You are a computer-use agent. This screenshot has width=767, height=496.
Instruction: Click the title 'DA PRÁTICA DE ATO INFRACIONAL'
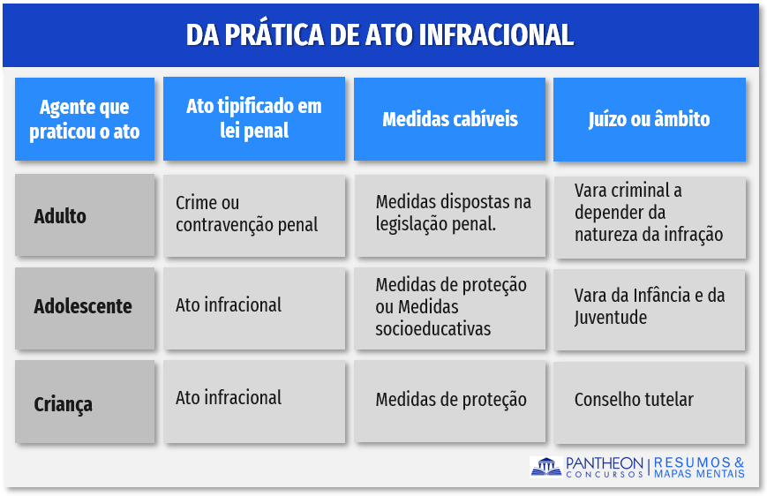(380, 34)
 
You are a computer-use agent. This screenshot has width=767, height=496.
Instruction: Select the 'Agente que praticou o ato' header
(85, 119)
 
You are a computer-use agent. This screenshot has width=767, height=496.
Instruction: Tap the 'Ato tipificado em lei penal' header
(254, 118)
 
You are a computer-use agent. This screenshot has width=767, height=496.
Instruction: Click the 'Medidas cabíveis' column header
(449, 119)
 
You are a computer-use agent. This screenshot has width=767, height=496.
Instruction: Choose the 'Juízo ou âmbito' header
(649, 119)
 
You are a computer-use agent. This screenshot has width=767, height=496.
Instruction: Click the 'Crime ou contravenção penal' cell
(254, 215)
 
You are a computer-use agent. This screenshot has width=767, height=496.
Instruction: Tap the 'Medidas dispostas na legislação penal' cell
(449, 215)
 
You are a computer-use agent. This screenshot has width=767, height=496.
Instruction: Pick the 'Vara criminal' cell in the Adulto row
(650, 217)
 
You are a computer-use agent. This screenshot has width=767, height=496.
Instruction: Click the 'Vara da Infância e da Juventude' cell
(650, 309)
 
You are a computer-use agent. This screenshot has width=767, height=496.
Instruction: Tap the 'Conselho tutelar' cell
(650, 402)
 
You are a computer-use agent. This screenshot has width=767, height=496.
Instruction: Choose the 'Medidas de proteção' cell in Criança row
(449, 402)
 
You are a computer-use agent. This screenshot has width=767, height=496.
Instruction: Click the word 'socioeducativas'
(432, 328)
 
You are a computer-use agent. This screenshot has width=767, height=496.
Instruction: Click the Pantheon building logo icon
(545, 467)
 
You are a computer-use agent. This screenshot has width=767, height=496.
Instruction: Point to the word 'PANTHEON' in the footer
(604, 462)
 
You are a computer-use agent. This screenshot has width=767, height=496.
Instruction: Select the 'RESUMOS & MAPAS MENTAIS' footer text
(699, 468)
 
